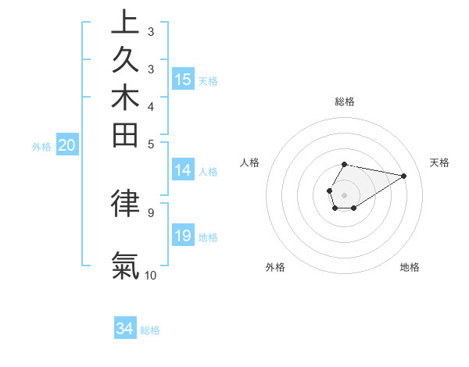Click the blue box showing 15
point(183,79)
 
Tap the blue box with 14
point(183,170)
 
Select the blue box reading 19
point(183,236)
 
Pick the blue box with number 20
point(67,144)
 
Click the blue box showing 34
point(125,329)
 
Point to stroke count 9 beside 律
point(150,212)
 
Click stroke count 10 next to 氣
point(151,276)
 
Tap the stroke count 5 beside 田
point(151,144)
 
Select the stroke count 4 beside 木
point(151,106)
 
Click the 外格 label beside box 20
point(41,146)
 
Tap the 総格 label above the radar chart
point(345,102)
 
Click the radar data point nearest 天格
point(403,175)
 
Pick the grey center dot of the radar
point(345,194)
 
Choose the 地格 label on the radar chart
point(410,267)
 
